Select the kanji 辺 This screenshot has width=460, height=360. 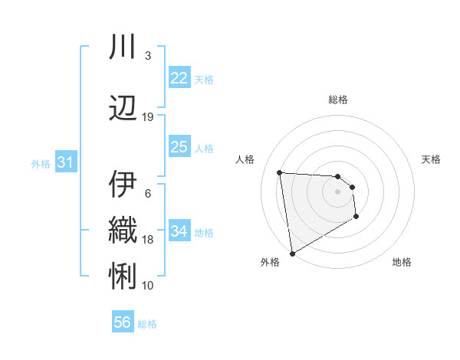(x=123, y=107)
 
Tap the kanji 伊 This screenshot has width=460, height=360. (x=123, y=184)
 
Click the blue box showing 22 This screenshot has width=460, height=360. (x=179, y=78)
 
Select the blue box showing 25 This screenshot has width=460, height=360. (x=179, y=147)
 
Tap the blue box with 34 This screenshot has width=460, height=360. (x=179, y=231)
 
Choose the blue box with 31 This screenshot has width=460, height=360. (x=65, y=162)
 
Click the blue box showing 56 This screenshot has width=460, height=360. (x=123, y=322)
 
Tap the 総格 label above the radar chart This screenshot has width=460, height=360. (x=338, y=100)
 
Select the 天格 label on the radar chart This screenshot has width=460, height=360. (x=432, y=159)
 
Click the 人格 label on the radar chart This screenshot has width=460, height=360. (x=245, y=159)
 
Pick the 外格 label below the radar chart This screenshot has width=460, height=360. (x=270, y=263)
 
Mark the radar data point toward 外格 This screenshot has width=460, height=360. (x=292, y=253)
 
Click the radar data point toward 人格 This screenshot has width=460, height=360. (x=280, y=172)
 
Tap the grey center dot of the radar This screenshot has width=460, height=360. (x=338, y=191)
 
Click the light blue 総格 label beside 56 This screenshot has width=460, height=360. (x=147, y=324)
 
